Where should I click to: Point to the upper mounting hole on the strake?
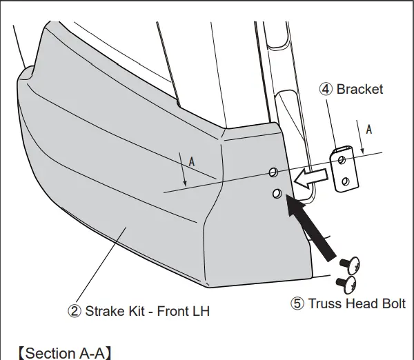tap(273, 170)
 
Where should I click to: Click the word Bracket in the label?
tap(359, 89)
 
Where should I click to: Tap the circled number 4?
tap(325, 89)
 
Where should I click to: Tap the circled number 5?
tap(297, 303)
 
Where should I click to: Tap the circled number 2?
tap(74, 310)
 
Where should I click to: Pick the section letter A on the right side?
tap(369, 129)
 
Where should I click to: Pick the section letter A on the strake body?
tap(191, 160)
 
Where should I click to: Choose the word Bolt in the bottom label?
tap(391, 303)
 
